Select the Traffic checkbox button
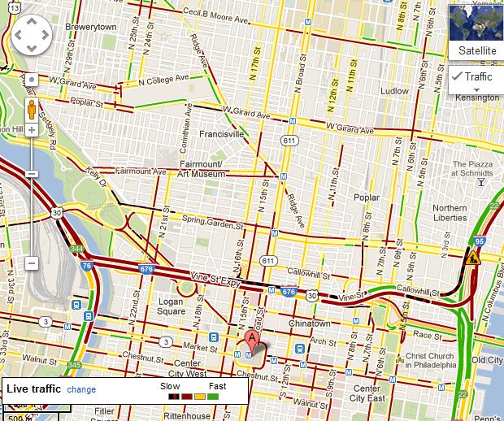tap(473, 76)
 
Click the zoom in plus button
tap(32, 130)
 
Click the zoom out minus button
tap(32, 263)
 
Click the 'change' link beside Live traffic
tap(81, 389)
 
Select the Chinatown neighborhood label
tap(309, 323)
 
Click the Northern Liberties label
tap(450, 213)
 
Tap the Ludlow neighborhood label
tap(395, 91)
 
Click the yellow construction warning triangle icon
tap(472, 259)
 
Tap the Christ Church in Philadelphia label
tap(432, 362)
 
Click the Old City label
tap(487, 360)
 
